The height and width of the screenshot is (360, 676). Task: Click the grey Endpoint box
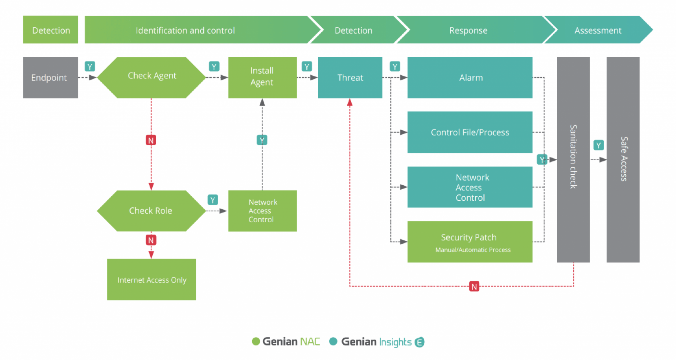tap(50, 77)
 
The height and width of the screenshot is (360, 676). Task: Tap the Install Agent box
tap(262, 77)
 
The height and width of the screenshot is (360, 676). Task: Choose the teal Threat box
tap(350, 77)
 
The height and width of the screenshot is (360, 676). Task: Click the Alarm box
tap(470, 77)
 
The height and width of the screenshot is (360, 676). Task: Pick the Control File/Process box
tap(470, 132)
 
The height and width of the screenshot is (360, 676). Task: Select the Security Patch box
tap(470, 242)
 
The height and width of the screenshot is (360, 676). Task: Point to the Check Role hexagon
tap(151, 211)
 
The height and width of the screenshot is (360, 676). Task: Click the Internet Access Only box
tap(151, 279)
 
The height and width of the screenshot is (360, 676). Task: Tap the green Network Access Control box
tap(262, 211)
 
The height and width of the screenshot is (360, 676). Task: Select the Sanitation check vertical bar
tap(573, 159)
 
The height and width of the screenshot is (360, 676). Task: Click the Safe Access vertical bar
tap(623, 159)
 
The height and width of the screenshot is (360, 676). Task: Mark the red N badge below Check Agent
tap(151, 140)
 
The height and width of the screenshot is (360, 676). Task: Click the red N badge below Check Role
tap(151, 240)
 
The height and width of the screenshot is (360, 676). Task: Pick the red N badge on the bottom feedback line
tap(474, 287)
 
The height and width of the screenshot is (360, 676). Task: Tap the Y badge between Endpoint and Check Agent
tap(90, 67)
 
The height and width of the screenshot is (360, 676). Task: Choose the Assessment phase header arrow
tap(598, 30)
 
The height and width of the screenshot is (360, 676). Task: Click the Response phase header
tap(468, 30)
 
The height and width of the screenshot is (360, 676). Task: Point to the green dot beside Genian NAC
tap(256, 342)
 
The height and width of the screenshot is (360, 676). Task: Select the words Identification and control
tap(185, 30)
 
